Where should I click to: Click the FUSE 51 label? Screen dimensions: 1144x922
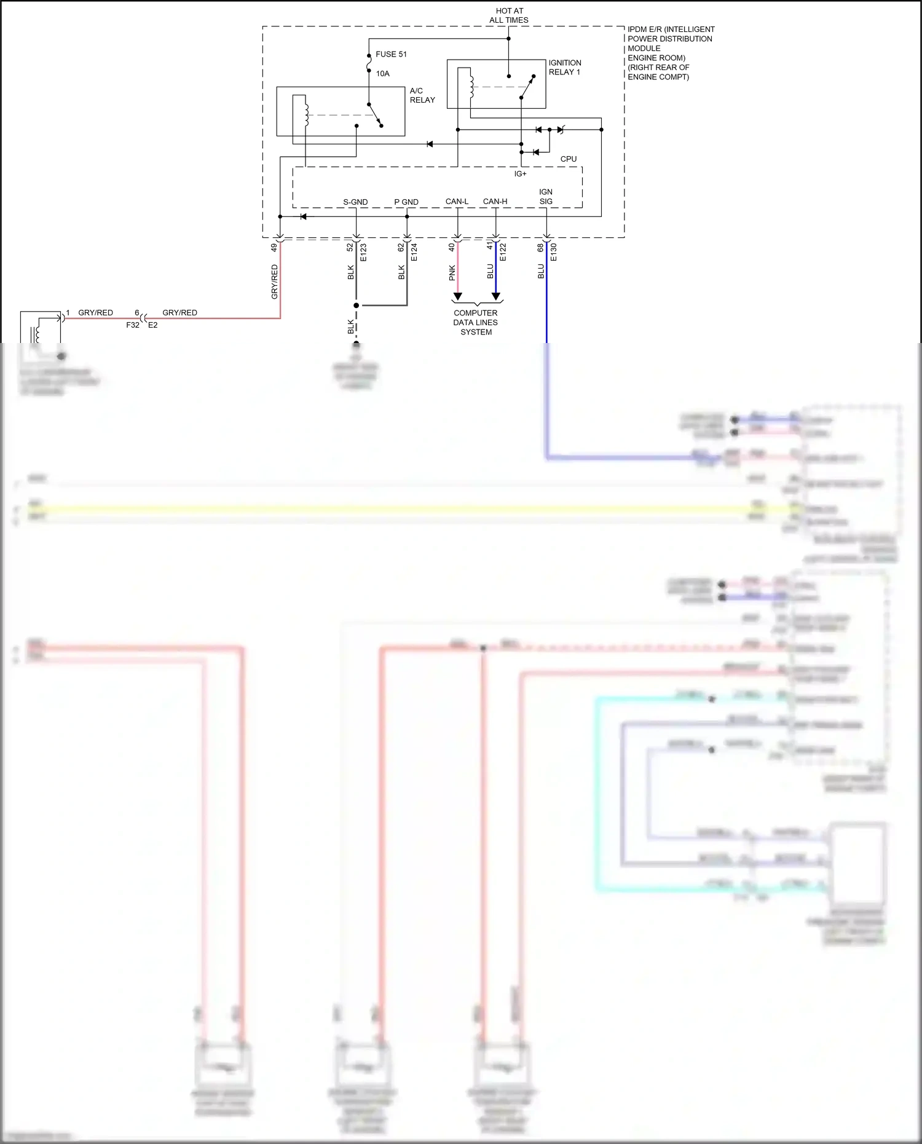tap(391, 54)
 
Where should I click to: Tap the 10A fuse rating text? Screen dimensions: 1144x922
tap(382, 74)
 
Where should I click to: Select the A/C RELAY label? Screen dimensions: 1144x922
tap(422, 95)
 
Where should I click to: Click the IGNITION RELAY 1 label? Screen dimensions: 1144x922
tap(564, 68)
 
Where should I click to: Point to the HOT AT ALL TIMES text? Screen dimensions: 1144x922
tap(509, 15)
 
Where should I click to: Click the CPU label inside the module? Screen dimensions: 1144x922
tap(568, 159)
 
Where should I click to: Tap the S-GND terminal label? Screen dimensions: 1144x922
tap(355, 202)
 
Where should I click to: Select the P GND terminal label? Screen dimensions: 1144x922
tap(406, 202)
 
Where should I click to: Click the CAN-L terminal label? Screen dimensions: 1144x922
tap(457, 202)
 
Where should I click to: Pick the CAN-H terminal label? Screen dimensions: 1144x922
tap(495, 202)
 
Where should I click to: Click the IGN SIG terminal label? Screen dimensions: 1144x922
tap(546, 197)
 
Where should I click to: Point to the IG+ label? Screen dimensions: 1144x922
tap(520, 174)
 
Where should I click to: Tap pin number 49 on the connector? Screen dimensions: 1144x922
tap(274, 247)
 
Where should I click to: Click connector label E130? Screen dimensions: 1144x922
tap(553, 252)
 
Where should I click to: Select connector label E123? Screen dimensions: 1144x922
tap(363, 252)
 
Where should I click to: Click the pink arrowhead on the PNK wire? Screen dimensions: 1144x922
tap(457, 298)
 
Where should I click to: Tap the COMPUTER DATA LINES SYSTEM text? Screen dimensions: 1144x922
tap(476, 323)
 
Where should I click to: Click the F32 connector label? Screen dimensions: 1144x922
tap(133, 325)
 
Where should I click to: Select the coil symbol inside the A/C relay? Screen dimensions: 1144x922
tap(305, 112)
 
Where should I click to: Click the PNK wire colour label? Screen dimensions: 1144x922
tap(452, 272)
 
